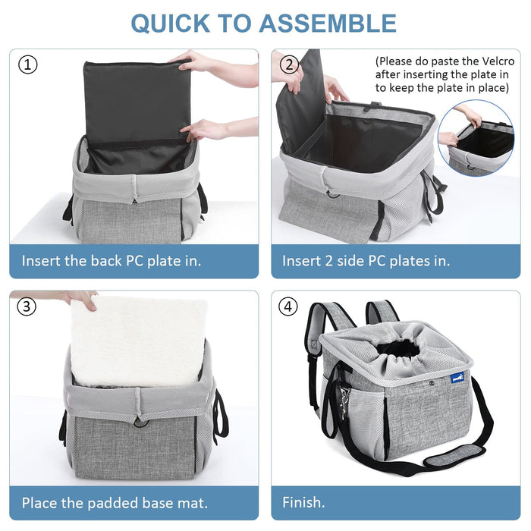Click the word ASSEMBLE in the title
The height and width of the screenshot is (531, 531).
click(328, 24)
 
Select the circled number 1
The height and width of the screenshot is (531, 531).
click(27, 64)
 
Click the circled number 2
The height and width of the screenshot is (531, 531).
click(289, 64)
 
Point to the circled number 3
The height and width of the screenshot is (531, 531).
click(27, 306)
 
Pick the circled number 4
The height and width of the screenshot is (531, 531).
click(287, 306)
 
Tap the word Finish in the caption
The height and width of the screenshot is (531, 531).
click(302, 502)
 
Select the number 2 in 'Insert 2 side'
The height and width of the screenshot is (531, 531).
click(328, 261)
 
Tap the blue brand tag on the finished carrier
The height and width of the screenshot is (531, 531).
click(457, 376)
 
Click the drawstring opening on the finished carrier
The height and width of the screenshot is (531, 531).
click(398, 349)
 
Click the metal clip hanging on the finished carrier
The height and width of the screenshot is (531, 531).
click(344, 402)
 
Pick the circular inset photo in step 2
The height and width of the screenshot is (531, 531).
click(476, 137)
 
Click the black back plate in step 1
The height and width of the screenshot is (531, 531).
click(137, 102)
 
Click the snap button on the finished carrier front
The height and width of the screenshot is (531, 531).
click(431, 383)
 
